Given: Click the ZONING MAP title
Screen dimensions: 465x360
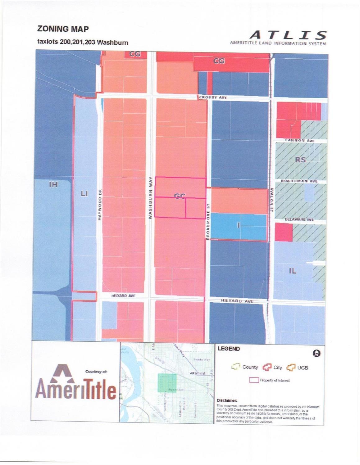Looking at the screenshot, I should point(63,29).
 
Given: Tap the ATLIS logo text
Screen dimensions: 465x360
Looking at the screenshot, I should point(288,35).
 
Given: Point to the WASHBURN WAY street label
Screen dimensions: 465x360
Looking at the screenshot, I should point(150,198).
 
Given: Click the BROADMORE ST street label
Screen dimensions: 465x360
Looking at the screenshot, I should point(208,221).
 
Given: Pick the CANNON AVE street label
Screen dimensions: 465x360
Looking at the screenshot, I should point(300,141).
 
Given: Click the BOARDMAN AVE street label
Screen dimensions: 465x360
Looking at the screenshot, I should point(299,181).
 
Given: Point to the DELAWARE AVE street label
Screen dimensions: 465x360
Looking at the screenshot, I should point(299,219).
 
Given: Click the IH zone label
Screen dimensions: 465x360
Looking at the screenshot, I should point(53,185).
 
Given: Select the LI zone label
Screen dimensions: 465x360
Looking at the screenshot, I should point(84,194).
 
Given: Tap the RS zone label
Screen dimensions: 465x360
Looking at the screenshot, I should point(300,160).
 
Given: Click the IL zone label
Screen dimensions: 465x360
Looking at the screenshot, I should point(293,271).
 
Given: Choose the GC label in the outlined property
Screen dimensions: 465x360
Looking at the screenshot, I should point(180,196).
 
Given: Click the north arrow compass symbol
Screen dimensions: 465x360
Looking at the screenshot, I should point(317,353).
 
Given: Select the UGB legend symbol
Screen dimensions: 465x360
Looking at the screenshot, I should point(291,368).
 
